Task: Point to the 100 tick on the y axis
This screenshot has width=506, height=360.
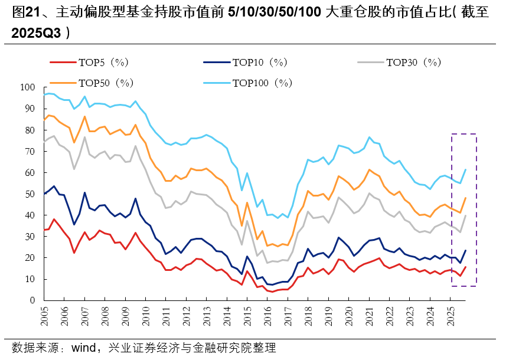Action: [x=28, y=87]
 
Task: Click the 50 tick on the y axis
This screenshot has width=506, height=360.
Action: [x=30, y=194]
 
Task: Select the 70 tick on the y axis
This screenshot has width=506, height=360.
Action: [x=30, y=152]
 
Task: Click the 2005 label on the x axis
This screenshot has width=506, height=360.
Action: [x=45, y=316]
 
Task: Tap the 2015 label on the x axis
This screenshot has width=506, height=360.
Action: [x=247, y=316]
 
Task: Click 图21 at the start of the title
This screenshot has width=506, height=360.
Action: [x=25, y=12]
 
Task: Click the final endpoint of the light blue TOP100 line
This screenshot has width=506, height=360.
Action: [x=465, y=169]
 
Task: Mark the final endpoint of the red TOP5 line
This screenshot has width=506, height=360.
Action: [x=465, y=267]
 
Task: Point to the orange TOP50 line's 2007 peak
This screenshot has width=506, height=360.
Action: [x=84, y=116]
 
